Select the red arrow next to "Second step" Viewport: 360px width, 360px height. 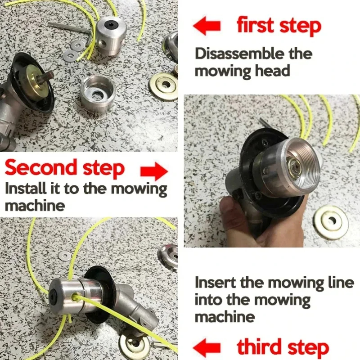153,171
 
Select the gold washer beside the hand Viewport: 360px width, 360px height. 331,222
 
